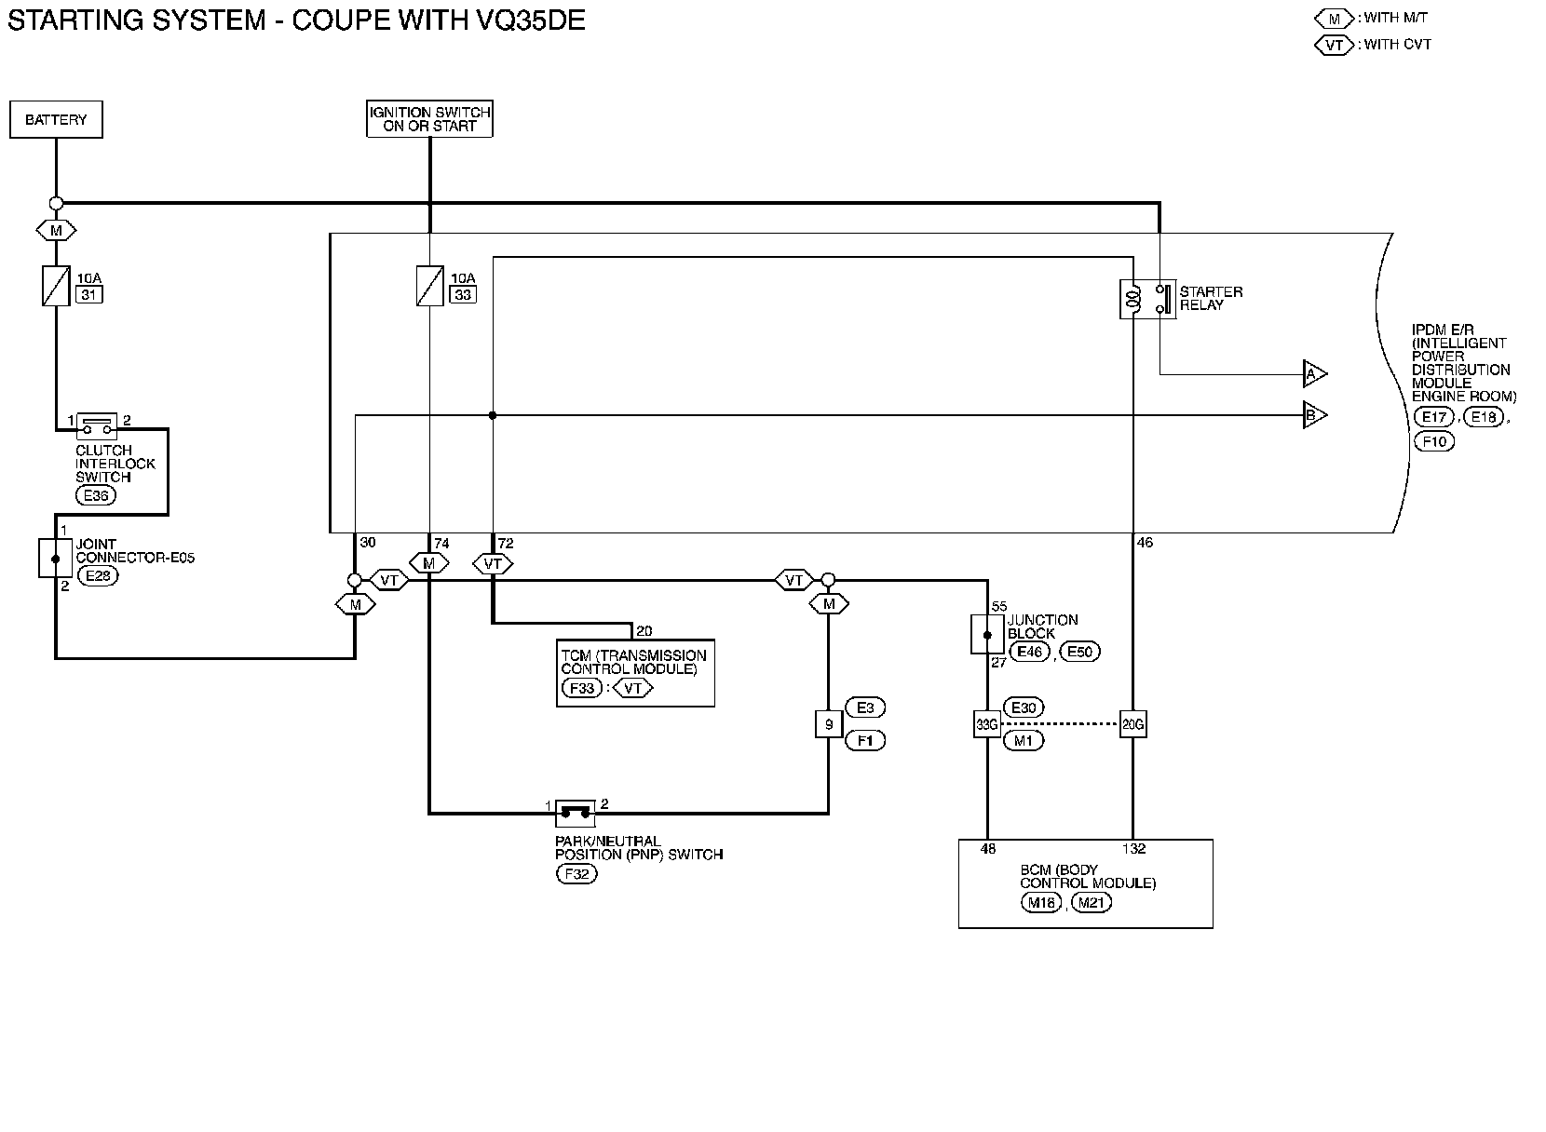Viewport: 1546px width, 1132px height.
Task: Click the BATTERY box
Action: [56, 120]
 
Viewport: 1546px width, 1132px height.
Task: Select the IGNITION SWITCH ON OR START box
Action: [429, 119]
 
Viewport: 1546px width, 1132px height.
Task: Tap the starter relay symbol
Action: [1147, 299]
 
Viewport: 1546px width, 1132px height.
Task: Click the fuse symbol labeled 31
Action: [56, 286]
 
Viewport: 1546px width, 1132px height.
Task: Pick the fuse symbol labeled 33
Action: [429, 286]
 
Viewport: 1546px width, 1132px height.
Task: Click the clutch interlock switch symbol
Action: [96, 424]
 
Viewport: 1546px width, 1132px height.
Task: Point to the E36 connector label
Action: [96, 495]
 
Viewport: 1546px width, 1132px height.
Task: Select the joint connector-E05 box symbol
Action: [55, 558]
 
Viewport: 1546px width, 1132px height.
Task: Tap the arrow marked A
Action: [1313, 374]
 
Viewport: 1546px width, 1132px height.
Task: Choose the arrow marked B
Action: [1313, 415]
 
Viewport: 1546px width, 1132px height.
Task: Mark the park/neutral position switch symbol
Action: [575, 813]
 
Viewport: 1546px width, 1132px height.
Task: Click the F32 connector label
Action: [576, 874]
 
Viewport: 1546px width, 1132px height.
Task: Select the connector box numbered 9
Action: [828, 723]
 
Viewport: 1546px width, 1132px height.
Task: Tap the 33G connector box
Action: [986, 723]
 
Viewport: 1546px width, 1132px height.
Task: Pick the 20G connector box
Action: [1132, 723]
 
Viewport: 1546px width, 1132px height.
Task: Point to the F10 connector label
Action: [1434, 441]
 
